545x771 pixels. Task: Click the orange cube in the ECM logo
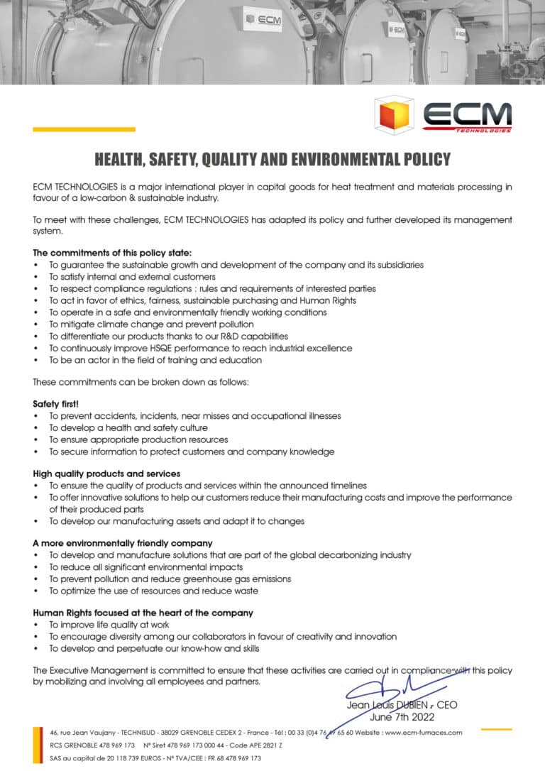coord(395,116)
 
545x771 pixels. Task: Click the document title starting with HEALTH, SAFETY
coord(272,159)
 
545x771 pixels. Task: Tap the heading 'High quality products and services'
coord(106,474)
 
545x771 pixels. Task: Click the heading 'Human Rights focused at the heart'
coord(143,613)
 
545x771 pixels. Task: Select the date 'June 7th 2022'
coord(402,716)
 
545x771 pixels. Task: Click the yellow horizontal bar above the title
coord(84,129)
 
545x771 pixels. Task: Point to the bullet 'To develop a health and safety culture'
coord(128,428)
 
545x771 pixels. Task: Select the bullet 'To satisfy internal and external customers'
coord(132,277)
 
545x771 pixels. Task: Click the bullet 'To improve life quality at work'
coord(109,625)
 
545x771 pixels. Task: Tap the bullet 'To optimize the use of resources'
coord(153,591)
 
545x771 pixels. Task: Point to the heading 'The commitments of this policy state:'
coord(112,253)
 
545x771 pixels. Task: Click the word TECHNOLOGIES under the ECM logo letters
coord(483,131)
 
